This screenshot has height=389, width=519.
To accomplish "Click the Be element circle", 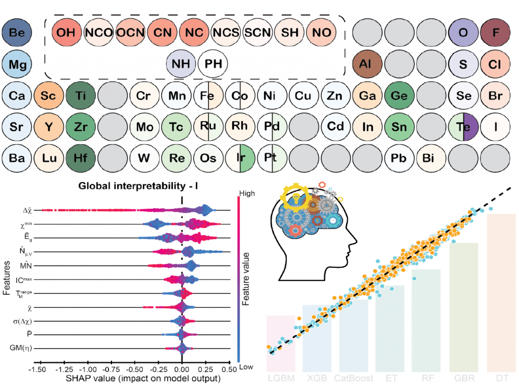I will click(x=17, y=33).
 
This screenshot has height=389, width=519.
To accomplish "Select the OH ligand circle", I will click(x=66, y=33).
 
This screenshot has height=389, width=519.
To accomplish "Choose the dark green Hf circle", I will click(x=81, y=158).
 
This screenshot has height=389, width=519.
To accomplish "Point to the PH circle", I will click(x=213, y=64).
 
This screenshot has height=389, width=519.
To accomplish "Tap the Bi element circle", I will click(x=430, y=158).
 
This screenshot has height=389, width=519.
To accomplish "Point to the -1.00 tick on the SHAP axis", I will click(x=88, y=371).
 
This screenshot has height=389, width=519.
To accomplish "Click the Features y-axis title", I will click(x=7, y=278).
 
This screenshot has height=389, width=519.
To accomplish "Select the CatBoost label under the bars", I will click(x=353, y=378).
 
